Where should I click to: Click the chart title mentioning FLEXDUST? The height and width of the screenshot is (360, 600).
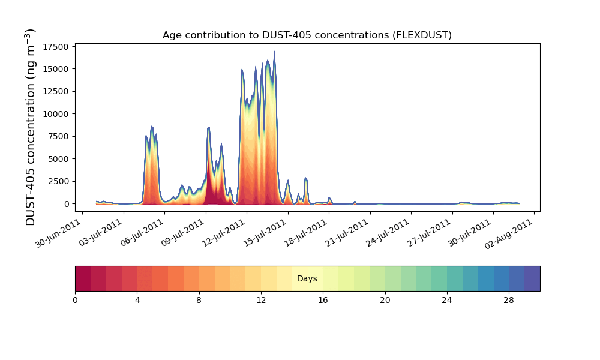click(307, 35)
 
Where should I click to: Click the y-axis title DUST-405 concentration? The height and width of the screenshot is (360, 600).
click(30, 127)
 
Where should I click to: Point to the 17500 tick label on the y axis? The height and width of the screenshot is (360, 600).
click(56, 47)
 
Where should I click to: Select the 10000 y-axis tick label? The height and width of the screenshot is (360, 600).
click(56, 114)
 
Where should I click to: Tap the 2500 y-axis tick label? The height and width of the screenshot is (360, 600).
click(58, 181)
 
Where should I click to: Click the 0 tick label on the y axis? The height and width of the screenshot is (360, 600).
click(67, 204)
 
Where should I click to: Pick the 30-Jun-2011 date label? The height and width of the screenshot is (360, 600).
click(58, 233)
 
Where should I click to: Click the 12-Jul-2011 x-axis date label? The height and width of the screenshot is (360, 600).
click(223, 233)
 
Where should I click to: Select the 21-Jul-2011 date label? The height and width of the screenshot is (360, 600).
click(346, 233)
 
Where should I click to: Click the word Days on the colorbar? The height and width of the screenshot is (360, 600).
click(307, 278)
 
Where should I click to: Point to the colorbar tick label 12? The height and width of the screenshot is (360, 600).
click(261, 301)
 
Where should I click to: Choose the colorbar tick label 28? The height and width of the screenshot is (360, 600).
click(509, 301)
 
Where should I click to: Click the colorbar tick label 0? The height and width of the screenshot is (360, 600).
click(75, 301)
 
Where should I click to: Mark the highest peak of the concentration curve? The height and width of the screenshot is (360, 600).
click(274, 52)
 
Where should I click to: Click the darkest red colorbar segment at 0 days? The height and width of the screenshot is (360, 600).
click(83, 278)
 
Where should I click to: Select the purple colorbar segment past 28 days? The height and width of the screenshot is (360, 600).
click(532, 278)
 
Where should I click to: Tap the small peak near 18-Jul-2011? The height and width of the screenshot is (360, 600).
click(329, 198)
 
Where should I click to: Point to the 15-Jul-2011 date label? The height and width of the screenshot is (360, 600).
click(264, 233)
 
